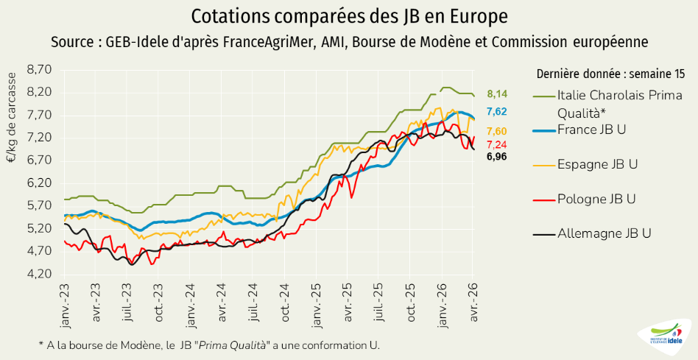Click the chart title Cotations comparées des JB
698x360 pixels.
click(x=349, y=15)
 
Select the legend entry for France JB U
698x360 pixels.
click(x=591, y=129)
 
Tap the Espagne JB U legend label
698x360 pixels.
click(x=597, y=164)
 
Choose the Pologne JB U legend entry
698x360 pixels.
click(x=596, y=199)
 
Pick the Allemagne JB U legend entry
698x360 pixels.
click(x=604, y=233)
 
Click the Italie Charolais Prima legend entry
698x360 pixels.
click(x=611, y=95)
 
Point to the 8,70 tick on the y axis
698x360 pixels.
click(x=39, y=70)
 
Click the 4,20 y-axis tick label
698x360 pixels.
click(x=39, y=274)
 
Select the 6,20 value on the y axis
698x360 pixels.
click(x=39, y=183)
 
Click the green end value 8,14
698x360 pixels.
click(x=498, y=93)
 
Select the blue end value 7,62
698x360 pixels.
click(x=497, y=111)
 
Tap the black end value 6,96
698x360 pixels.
click(x=497, y=156)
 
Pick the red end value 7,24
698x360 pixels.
click(x=497, y=144)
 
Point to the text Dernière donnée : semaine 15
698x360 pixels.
click(x=611, y=74)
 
